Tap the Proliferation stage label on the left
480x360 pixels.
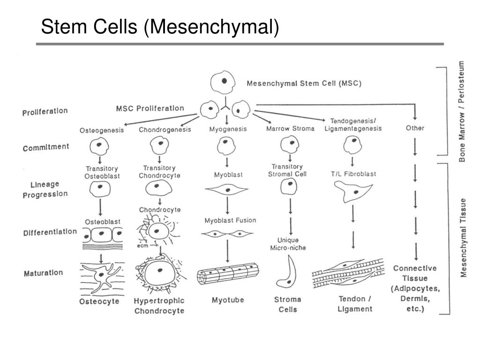[45, 112]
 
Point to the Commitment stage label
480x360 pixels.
[45, 148]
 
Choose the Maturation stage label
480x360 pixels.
[43, 272]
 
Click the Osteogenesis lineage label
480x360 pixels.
[102, 130]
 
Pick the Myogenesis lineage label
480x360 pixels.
[228, 129]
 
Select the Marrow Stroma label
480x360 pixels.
[290, 128]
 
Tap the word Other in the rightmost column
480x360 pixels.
[415, 128]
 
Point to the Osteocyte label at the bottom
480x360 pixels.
[99, 301]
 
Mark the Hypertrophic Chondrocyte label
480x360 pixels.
[159, 305]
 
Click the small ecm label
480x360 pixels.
[142, 245]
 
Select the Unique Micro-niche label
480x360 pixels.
[288, 243]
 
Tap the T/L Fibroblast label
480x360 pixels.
[353, 174]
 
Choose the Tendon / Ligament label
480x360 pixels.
[355, 304]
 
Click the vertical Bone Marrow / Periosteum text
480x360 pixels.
[462, 111]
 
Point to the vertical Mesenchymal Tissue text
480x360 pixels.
[463, 238]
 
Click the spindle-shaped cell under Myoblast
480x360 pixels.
[227, 190]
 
